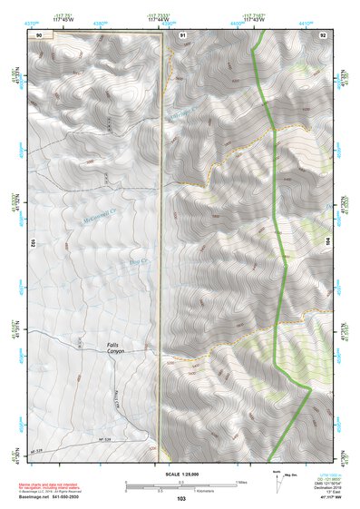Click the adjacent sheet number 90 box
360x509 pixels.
[39, 34]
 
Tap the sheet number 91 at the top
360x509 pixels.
[182, 34]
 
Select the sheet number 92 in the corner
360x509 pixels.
[322, 34]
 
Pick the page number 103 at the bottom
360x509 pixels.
[180, 499]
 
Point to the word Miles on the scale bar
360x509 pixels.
[241, 481]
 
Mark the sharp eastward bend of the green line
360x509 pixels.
[311, 388]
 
